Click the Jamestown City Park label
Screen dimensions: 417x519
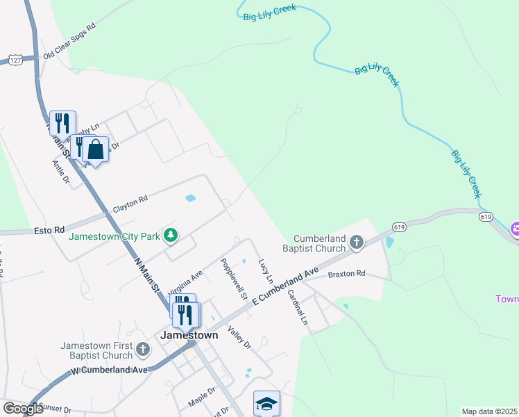(114, 236)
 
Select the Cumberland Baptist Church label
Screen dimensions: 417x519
(319, 243)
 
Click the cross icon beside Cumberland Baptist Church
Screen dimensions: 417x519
(357, 242)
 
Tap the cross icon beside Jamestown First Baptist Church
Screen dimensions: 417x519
(143, 349)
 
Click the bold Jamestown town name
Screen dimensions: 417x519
(189, 334)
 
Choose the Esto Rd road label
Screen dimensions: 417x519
(49, 229)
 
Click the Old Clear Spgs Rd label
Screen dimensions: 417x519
(69, 47)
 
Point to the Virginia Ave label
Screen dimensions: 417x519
(185, 282)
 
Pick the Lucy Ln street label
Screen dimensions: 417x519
(264, 272)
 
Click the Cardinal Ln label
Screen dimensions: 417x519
(297, 306)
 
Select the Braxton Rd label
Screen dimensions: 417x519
(346, 274)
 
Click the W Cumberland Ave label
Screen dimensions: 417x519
(110, 370)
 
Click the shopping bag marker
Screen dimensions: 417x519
(96, 149)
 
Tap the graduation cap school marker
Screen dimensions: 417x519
(266, 404)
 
